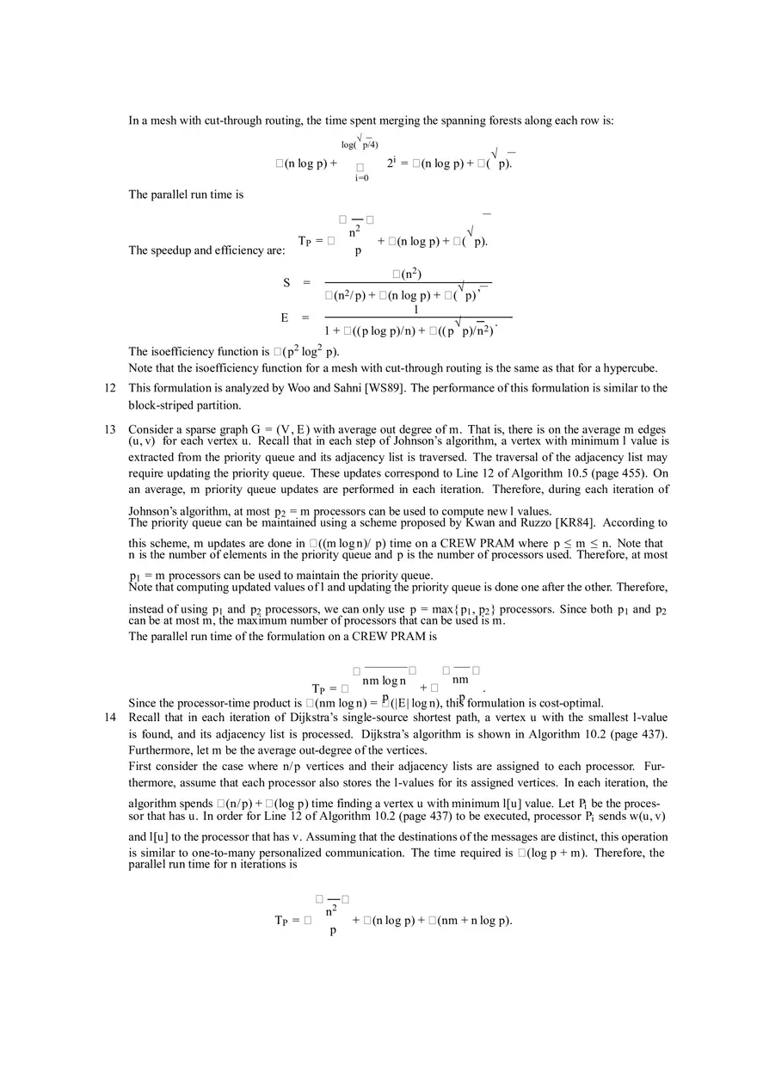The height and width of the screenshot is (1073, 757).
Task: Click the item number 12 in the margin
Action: [x=110, y=388]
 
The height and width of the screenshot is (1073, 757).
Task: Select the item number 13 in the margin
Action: [x=110, y=429]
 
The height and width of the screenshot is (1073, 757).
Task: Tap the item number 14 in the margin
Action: [x=110, y=717]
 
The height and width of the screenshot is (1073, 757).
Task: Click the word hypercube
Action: [x=630, y=368]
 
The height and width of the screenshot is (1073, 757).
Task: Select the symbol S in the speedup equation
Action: [x=286, y=283]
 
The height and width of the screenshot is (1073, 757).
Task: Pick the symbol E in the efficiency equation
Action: [x=284, y=318]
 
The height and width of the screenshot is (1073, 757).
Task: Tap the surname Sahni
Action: [x=342, y=388]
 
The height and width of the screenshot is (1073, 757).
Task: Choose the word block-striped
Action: [x=161, y=405]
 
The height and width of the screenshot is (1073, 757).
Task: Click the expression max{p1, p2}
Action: [x=459, y=609]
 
